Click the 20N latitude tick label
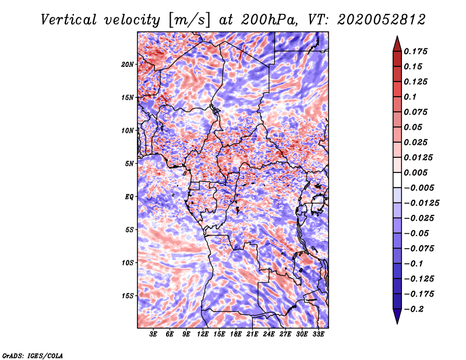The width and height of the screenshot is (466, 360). pyautogui.click(x=128, y=65)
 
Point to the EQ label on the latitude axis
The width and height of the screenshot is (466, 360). pyautogui.click(x=129, y=197)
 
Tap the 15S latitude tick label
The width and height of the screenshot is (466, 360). pyautogui.click(x=128, y=296)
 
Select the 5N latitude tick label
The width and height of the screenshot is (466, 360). pyautogui.click(x=129, y=164)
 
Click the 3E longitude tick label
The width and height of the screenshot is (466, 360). pyautogui.click(x=153, y=334)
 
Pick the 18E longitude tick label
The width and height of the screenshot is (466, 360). pyautogui.click(x=236, y=334)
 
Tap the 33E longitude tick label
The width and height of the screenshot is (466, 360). pyautogui.click(x=318, y=334)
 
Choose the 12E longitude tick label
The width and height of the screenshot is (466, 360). pyautogui.click(x=203, y=334)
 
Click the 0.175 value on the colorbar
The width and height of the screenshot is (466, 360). pyautogui.click(x=415, y=51)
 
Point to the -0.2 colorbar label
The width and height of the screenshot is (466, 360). pyautogui.click(x=414, y=309)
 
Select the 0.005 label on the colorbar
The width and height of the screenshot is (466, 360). pyautogui.click(x=415, y=172)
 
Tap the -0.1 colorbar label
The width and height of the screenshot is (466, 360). pyautogui.click(x=414, y=264)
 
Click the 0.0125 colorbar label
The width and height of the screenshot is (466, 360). pyautogui.click(x=418, y=157)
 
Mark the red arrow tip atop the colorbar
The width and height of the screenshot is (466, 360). pyautogui.click(x=397, y=37)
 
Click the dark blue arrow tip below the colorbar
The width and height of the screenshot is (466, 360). pyautogui.click(x=397, y=323)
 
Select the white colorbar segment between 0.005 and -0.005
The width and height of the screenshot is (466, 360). pyautogui.click(x=397, y=180)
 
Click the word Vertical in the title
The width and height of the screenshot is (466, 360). pyautogui.click(x=69, y=20)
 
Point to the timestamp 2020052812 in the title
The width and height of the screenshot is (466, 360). pyautogui.click(x=382, y=20)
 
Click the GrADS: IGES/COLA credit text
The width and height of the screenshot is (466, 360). pyautogui.click(x=33, y=356)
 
